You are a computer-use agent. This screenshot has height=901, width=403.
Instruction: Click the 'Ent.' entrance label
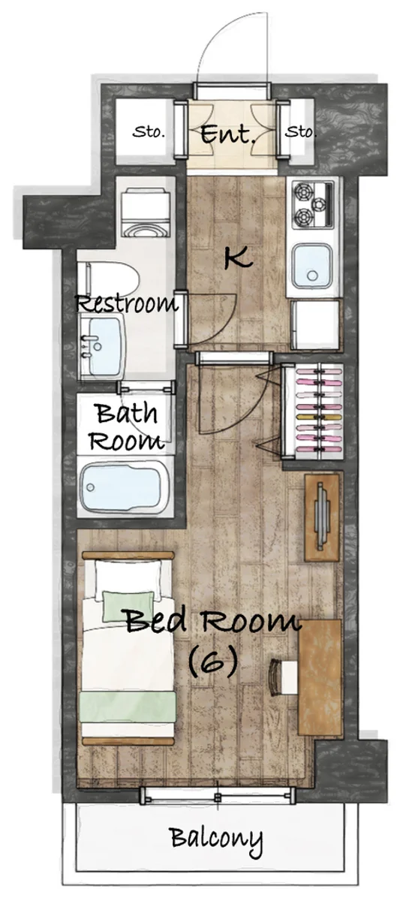coord(228,134)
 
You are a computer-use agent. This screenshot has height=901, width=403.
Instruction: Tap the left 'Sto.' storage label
coord(149,132)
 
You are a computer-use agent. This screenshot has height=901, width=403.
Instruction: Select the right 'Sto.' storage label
coord(300,131)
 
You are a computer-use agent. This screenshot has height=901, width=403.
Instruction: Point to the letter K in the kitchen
coord(238,258)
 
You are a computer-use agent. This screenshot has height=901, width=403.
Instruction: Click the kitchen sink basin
coord(312,264)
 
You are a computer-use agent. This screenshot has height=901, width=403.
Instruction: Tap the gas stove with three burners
coord(313,205)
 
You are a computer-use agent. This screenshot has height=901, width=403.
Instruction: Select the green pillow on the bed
coord(128,605)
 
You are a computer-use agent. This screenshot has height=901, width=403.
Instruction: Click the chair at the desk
coord(282,677)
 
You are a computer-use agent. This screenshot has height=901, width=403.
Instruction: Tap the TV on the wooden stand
coord(321,517)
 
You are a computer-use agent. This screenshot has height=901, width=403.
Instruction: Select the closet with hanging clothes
coord(313,411)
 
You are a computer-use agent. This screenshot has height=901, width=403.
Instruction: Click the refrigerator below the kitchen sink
coord(316,325)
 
